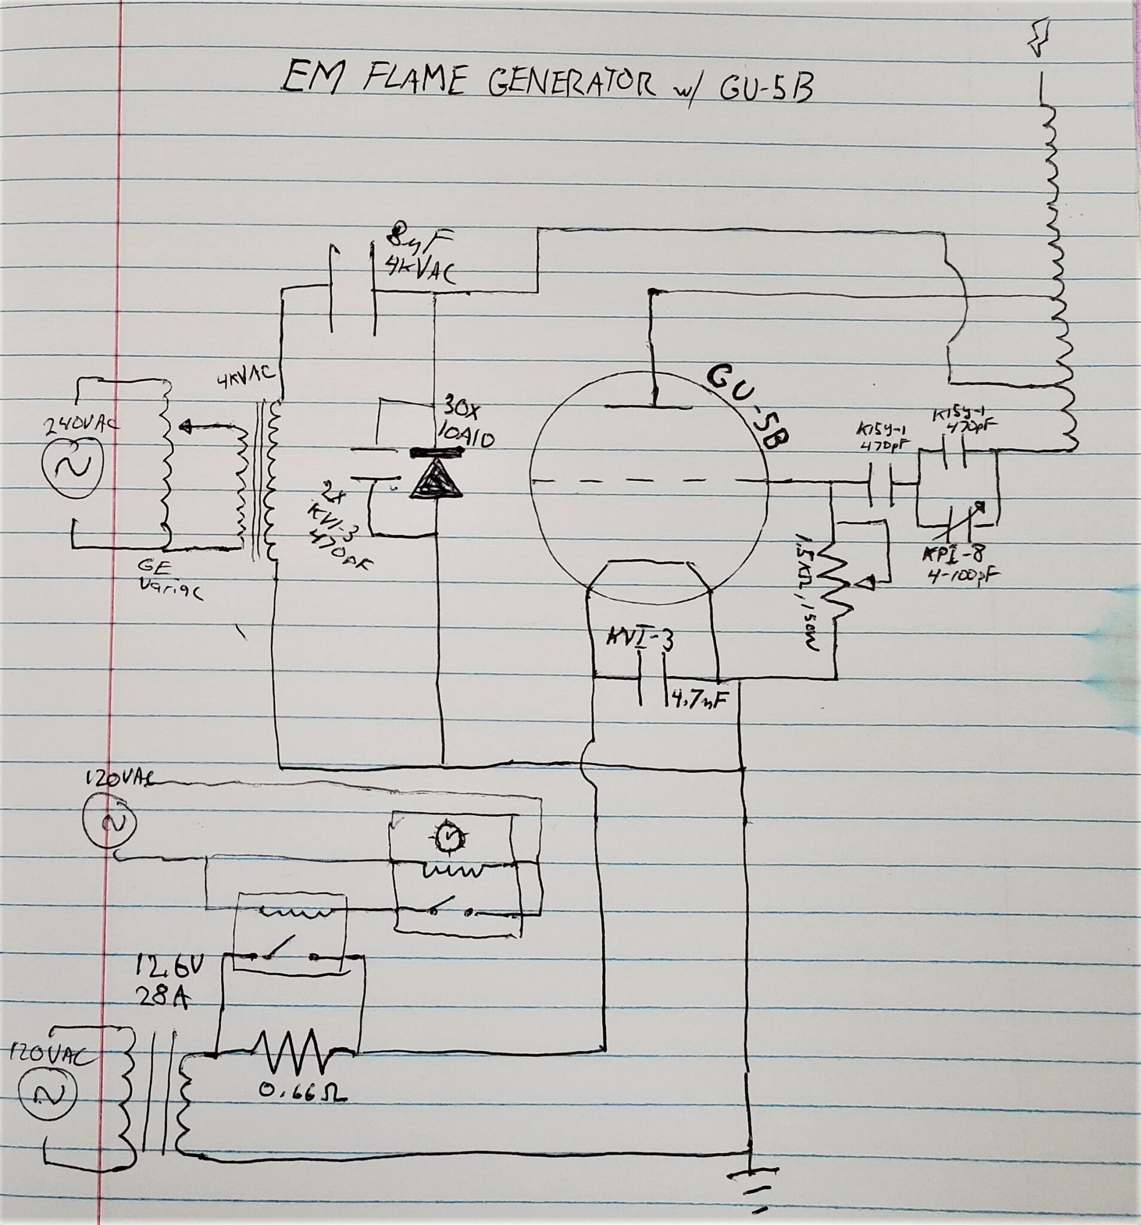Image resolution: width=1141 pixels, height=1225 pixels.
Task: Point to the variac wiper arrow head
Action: coord(183,425)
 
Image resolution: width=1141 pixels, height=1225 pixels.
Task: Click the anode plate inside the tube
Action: coord(654,406)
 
